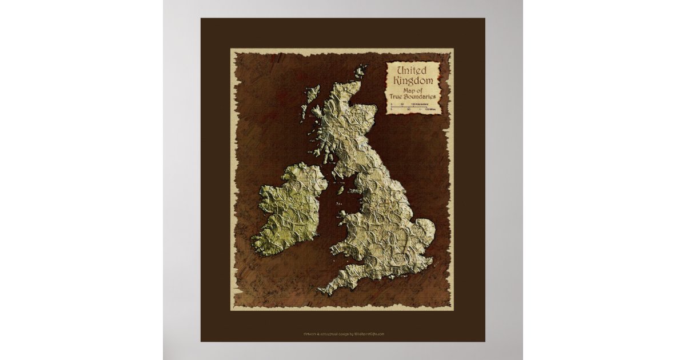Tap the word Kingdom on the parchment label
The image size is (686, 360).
[x=413, y=81]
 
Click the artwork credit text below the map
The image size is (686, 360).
[x=342, y=334]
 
